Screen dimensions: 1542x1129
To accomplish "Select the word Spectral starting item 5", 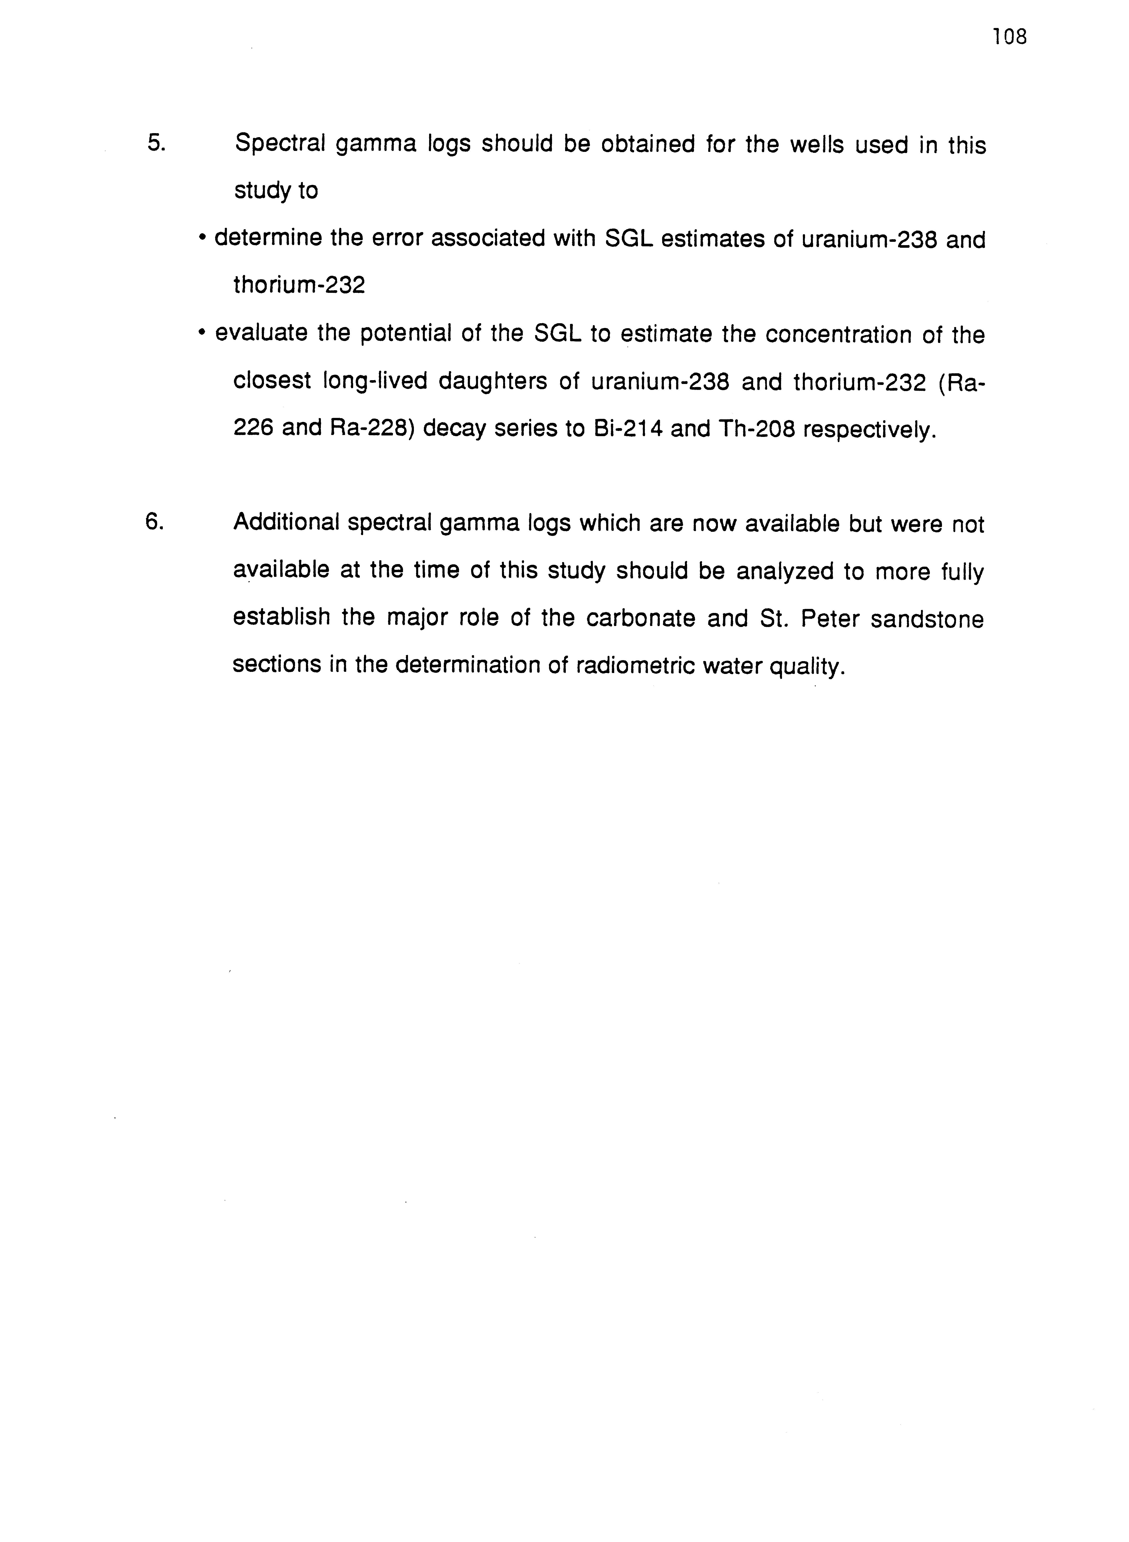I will [280, 145].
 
